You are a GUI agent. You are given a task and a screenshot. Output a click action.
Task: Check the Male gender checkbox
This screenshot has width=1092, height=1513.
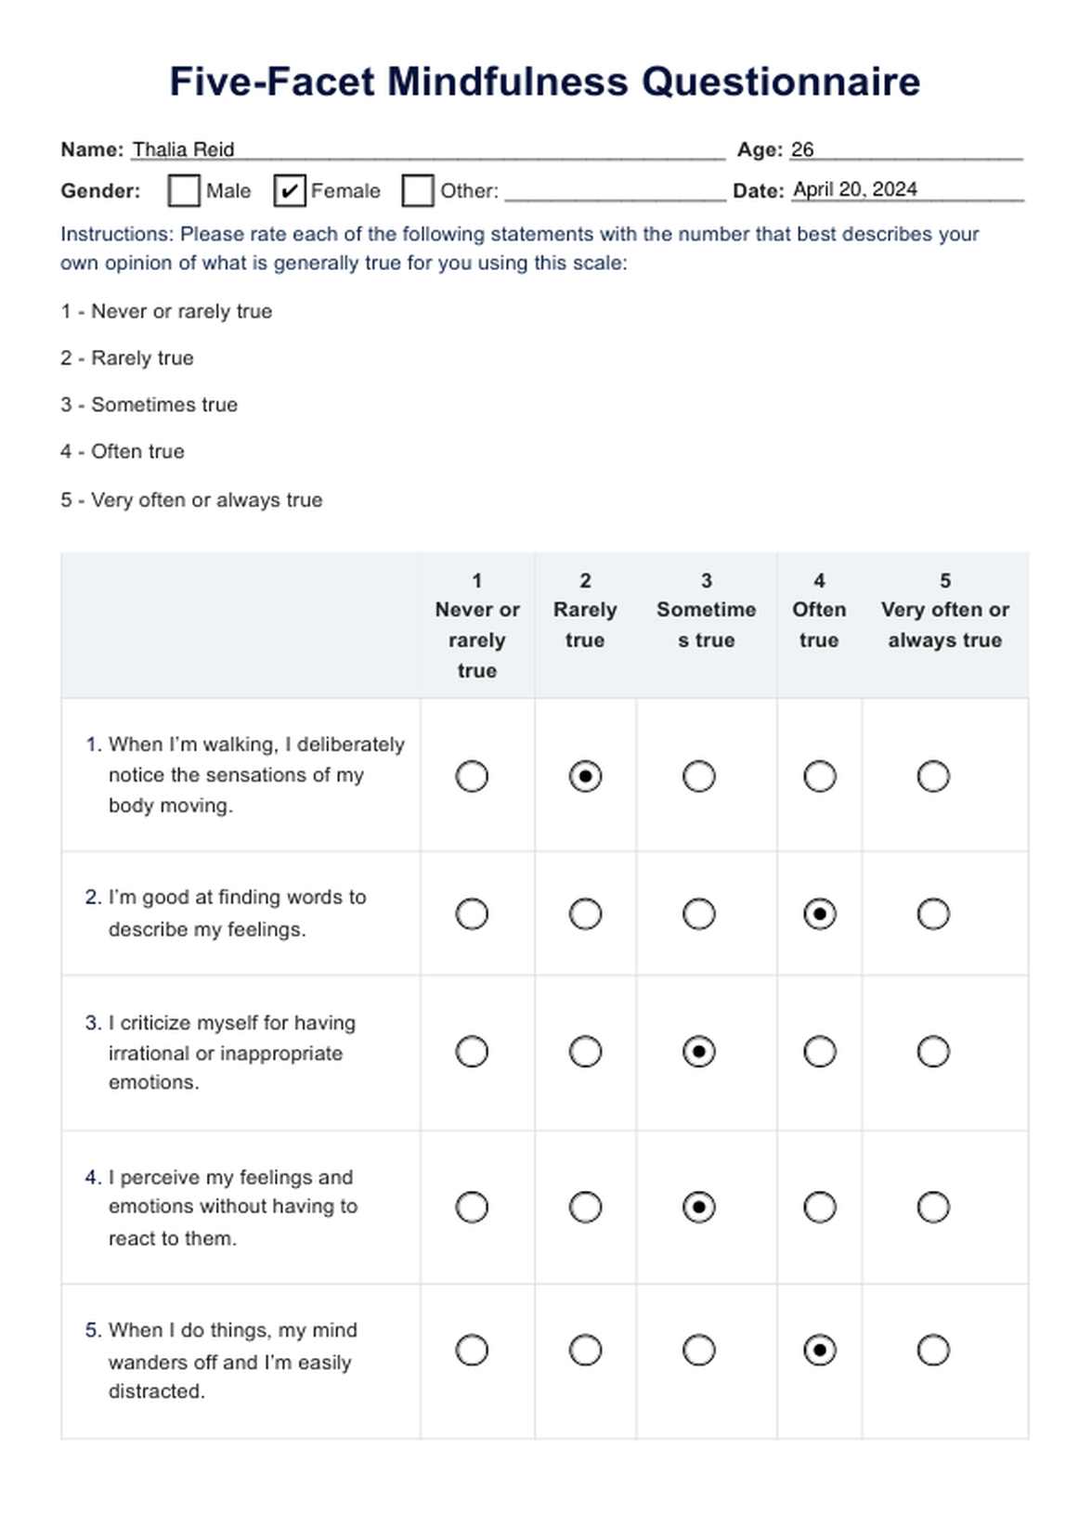[x=184, y=190]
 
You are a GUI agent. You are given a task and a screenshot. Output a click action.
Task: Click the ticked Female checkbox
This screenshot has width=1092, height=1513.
[x=290, y=190]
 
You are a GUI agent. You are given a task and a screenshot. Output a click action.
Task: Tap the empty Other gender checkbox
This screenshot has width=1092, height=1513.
[x=417, y=190]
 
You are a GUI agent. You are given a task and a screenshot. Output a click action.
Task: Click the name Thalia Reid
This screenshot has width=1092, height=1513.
[x=183, y=149]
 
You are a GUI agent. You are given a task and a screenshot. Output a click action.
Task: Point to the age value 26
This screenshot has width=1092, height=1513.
[x=802, y=149]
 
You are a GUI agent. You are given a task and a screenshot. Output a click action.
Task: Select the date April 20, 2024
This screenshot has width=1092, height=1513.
[x=854, y=189]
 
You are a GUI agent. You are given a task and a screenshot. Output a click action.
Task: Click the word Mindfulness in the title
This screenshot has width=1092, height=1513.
[x=508, y=82]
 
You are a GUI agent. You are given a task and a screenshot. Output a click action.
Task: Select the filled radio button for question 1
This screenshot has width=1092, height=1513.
[x=585, y=776]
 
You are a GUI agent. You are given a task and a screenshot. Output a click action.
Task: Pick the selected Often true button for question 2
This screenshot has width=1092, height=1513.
[x=819, y=914]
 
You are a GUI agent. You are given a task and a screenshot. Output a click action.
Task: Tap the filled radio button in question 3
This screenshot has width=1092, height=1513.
[x=698, y=1052]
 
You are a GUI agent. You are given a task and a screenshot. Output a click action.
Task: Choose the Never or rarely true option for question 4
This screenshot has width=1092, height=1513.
[x=472, y=1207]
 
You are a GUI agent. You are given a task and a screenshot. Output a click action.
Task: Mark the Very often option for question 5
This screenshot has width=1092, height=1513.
[x=932, y=1350]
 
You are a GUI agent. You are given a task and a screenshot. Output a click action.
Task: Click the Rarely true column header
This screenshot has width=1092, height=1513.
[x=585, y=611]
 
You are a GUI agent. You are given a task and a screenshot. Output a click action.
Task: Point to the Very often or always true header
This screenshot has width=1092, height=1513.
[x=944, y=611]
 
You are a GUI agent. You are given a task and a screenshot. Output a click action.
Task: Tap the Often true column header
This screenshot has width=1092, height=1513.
[x=819, y=611]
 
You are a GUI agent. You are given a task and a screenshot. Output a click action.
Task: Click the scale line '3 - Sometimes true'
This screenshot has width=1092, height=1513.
[x=149, y=405]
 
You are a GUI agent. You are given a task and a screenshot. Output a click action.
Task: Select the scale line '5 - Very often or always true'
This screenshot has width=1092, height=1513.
[x=191, y=499]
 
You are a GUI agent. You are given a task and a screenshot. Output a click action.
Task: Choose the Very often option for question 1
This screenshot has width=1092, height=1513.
[x=932, y=776]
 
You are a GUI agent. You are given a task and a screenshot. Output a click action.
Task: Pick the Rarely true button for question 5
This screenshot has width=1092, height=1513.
[x=585, y=1350]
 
